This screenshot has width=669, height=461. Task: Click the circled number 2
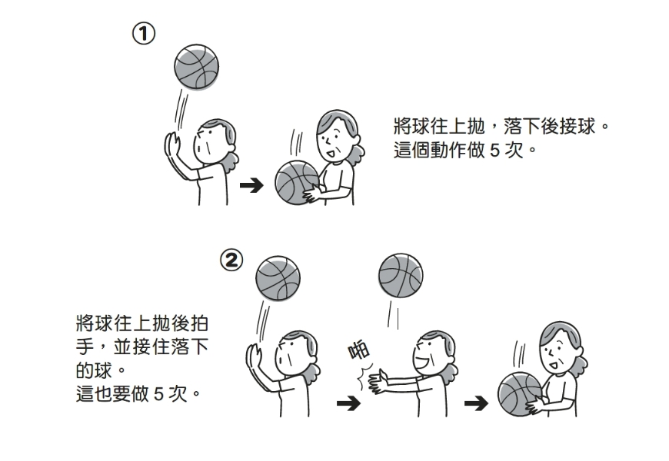(231, 260)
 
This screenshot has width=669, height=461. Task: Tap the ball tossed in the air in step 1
(196, 66)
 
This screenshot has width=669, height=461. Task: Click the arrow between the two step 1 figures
(251, 185)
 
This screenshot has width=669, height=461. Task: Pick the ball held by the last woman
(521, 395)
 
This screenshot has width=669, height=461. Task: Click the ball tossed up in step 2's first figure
(277, 277)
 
